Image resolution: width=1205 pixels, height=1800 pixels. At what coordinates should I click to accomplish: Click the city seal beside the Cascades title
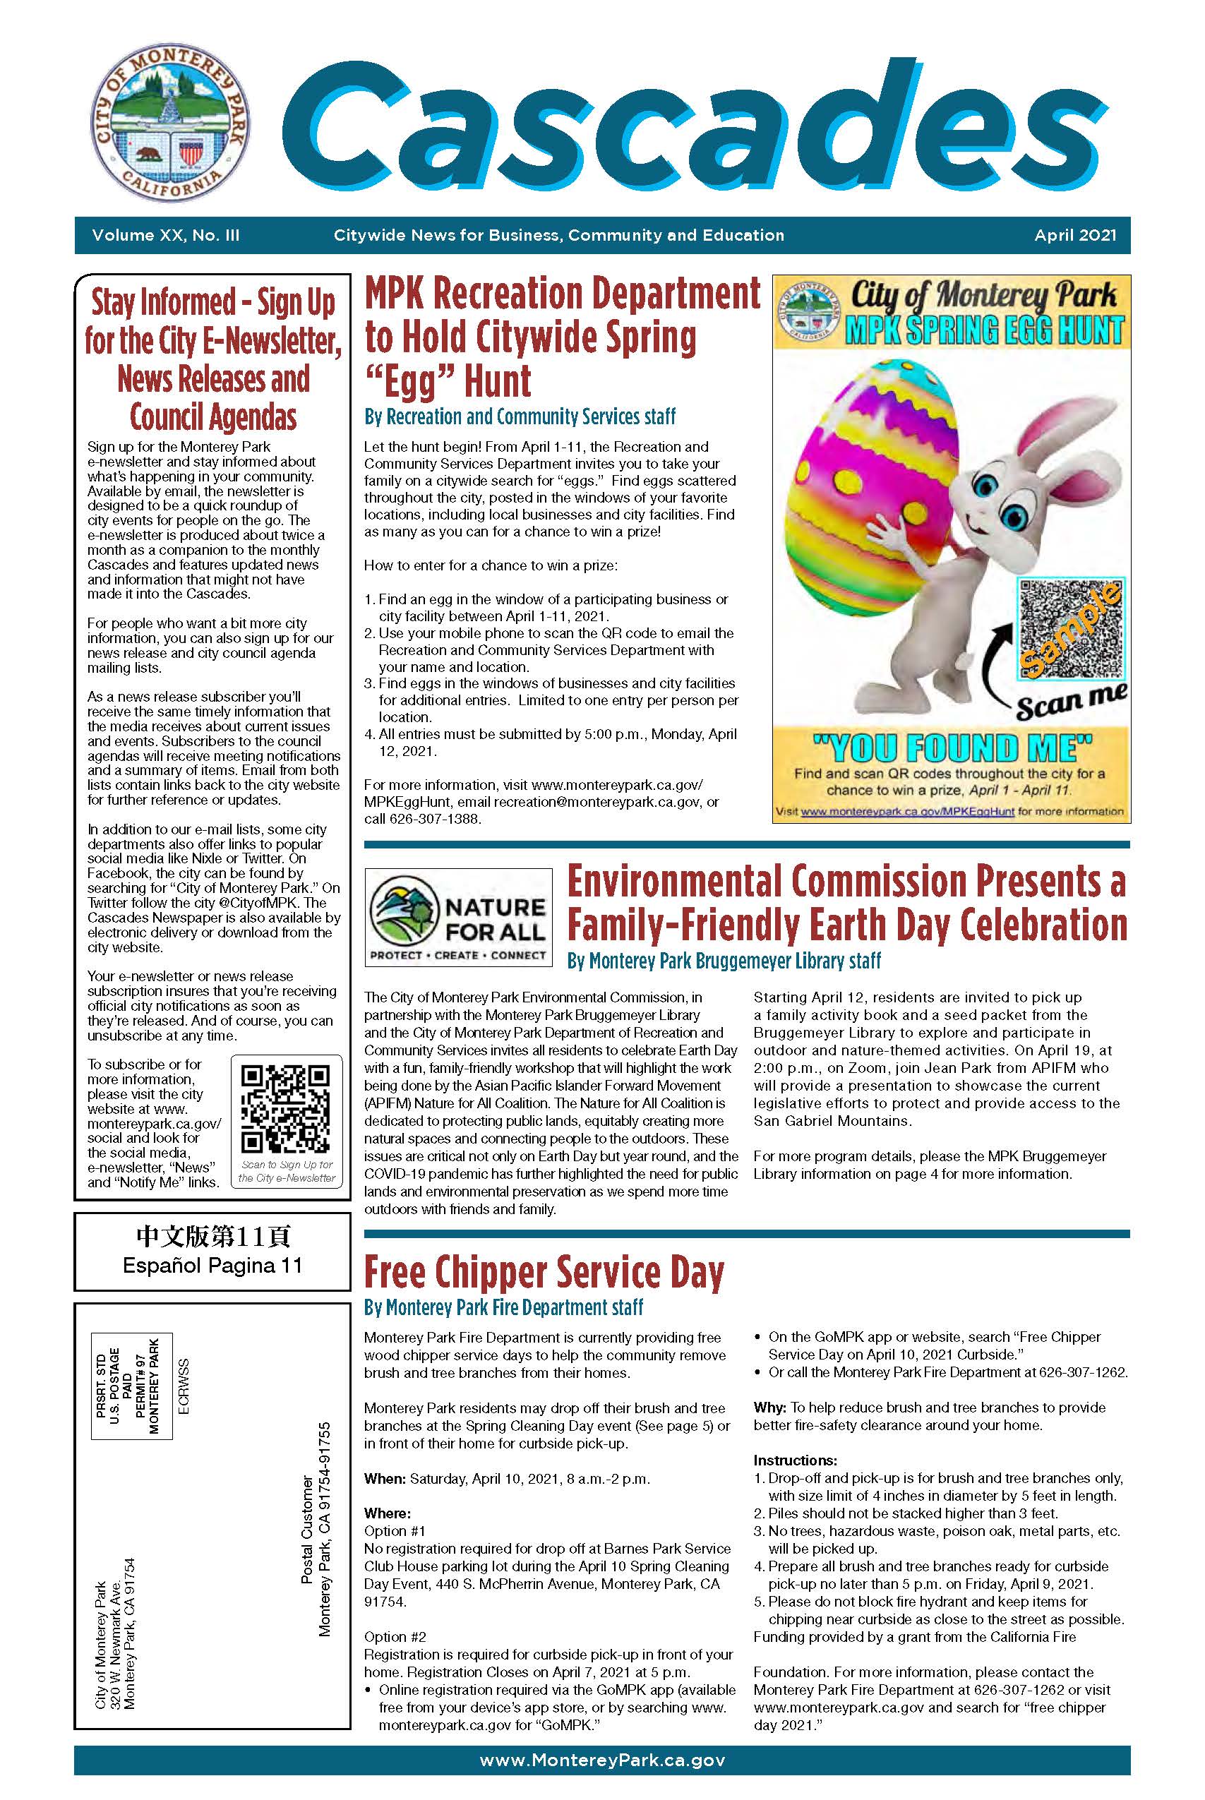pyautogui.click(x=170, y=124)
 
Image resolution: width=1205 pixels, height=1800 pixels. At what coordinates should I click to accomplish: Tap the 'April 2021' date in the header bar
pyautogui.click(x=1074, y=236)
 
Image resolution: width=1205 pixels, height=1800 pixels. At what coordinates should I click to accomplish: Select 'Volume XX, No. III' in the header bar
pyautogui.click(x=165, y=236)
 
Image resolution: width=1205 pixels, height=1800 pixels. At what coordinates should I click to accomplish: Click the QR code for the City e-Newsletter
pyautogui.click(x=286, y=1108)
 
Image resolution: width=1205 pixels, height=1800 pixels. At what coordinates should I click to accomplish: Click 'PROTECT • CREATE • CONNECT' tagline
pyautogui.click(x=458, y=955)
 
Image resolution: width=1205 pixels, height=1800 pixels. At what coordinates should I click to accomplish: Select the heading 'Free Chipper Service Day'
pyautogui.click(x=544, y=1272)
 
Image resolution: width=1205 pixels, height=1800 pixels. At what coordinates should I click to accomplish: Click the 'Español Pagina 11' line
pyautogui.click(x=212, y=1266)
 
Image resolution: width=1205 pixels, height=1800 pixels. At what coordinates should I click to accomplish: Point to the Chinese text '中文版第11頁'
pyautogui.click(x=212, y=1236)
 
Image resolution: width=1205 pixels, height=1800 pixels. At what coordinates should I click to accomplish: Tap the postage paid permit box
pyautogui.click(x=131, y=1386)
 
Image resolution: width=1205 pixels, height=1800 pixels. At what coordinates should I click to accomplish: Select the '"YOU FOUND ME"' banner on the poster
pyautogui.click(x=952, y=746)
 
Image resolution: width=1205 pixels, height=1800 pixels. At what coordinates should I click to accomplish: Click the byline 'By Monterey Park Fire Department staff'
pyautogui.click(x=503, y=1307)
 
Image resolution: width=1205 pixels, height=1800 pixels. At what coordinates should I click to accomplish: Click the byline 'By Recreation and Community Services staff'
pyautogui.click(x=520, y=416)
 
